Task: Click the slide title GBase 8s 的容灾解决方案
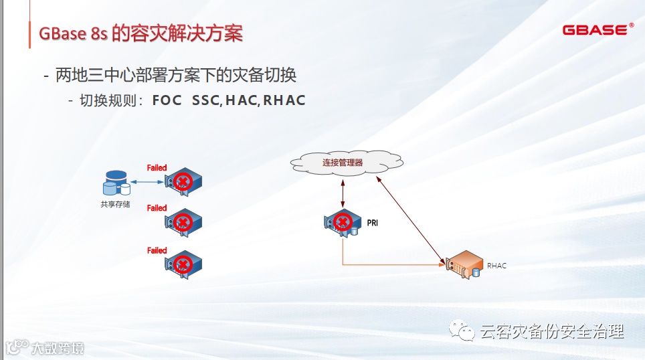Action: (x=141, y=34)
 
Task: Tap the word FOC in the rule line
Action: (x=167, y=101)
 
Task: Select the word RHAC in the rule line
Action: (x=284, y=101)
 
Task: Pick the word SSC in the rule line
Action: (x=205, y=101)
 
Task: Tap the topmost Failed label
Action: (x=157, y=168)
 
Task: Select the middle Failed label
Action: (x=157, y=208)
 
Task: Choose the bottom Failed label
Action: (x=157, y=250)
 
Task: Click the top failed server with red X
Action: (x=183, y=181)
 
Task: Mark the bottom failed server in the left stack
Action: (x=183, y=263)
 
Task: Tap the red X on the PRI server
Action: (x=343, y=222)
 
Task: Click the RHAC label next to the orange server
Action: (x=496, y=266)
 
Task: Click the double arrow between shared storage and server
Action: (x=147, y=181)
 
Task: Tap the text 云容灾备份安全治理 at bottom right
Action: (x=552, y=332)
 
